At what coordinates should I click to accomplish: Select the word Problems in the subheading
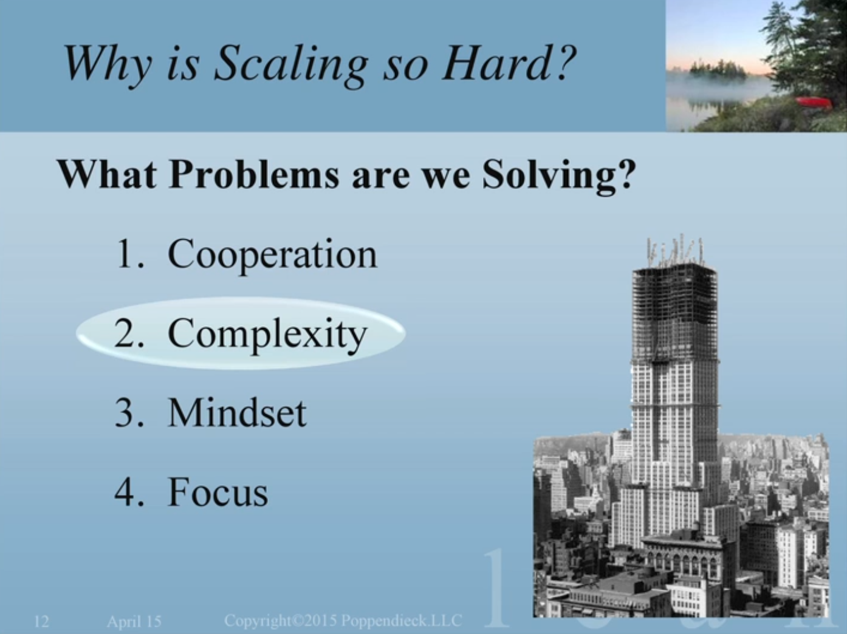coord(254,174)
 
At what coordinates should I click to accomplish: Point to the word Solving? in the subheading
coord(558,176)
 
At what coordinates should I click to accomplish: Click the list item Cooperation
coord(272,254)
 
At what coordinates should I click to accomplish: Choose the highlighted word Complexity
coord(267,334)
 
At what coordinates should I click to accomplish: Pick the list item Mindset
coord(237,412)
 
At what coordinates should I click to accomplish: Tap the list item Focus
coord(218,491)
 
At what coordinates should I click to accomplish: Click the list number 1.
coord(129,253)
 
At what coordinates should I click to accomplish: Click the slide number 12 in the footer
coord(42,621)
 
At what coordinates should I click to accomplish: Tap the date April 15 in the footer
coord(134,621)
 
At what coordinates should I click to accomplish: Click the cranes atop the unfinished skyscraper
coord(674,250)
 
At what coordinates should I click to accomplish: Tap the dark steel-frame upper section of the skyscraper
coord(674,312)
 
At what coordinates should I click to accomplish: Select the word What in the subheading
coord(107,174)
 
